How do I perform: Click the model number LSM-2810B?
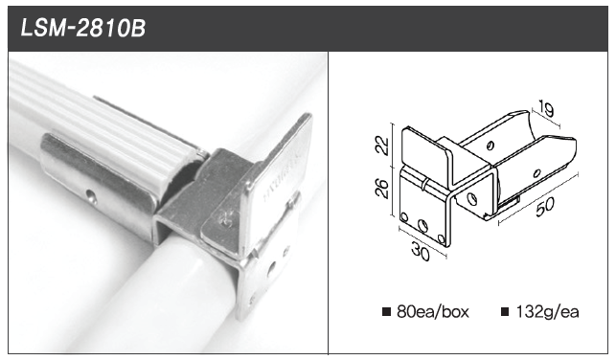(83, 29)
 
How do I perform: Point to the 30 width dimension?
(421, 251)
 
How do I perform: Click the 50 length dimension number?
(545, 207)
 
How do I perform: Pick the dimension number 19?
(546, 108)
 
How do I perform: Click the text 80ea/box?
(433, 312)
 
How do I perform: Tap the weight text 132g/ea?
(548, 312)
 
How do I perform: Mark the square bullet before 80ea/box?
(387, 312)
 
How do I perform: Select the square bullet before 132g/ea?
(505, 312)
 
